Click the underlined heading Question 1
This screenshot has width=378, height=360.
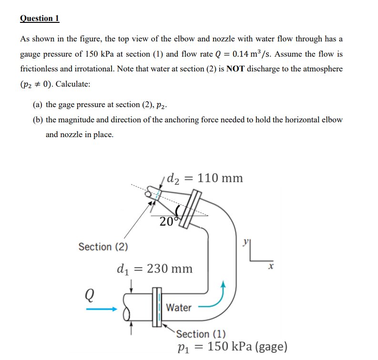[40, 19]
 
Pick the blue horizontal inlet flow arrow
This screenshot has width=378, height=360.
[102, 310]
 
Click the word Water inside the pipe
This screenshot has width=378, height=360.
[179, 308]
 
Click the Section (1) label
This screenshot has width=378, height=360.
[201, 334]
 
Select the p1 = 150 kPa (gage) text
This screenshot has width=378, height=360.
[228, 346]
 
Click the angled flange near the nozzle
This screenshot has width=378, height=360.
[193, 205]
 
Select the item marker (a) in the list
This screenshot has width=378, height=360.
[38, 105]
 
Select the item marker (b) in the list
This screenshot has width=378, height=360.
[38, 120]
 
